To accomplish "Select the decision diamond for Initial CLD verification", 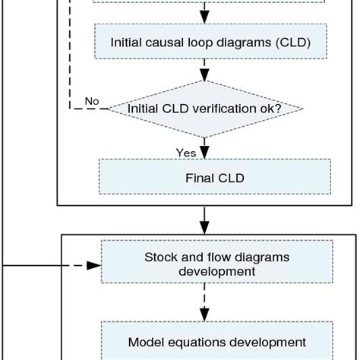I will point(204,109).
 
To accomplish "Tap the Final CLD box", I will point(214,178).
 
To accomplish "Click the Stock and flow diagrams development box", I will point(216,264).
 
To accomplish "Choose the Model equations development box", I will point(216,342).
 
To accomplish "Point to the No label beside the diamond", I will point(92,101).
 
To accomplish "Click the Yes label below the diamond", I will point(186,153).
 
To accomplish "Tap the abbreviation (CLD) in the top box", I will point(292,43).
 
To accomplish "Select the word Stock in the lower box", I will point(160,257).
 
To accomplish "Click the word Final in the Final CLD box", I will point(200,178).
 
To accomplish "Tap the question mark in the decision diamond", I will point(279,109).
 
